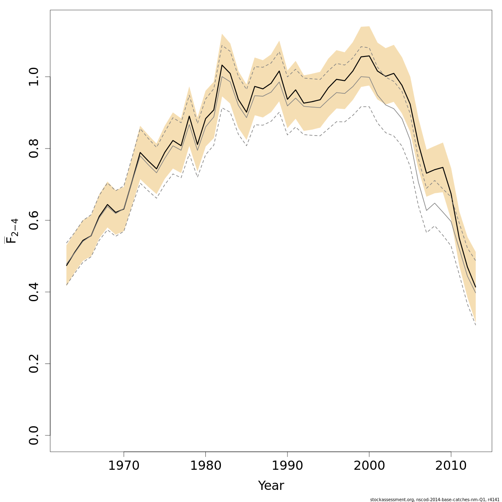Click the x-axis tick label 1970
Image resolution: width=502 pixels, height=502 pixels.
(x=124, y=466)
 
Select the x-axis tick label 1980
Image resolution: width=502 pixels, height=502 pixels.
(x=205, y=466)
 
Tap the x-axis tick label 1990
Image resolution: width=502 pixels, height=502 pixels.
(x=287, y=466)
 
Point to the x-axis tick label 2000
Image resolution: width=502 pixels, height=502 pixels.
(x=369, y=466)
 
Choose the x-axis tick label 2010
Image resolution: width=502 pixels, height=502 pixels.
(x=451, y=466)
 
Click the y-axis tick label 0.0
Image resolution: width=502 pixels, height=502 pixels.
(x=35, y=435)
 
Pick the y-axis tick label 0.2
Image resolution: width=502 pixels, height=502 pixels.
(x=35, y=364)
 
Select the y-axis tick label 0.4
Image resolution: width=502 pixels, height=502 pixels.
(x=35, y=292)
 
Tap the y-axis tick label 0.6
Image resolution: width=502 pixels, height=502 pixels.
(x=35, y=220)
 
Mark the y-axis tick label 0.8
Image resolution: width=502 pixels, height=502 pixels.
(x=35, y=149)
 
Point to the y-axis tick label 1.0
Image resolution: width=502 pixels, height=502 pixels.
(x=35, y=77)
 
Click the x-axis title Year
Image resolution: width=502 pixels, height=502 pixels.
(x=271, y=486)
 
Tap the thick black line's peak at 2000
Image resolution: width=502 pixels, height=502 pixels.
(x=369, y=56)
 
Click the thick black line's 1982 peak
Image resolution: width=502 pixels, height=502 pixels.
(x=222, y=65)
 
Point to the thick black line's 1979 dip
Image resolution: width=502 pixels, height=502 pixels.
(x=197, y=144)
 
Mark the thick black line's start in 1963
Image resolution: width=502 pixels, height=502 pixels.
(x=67, y=265)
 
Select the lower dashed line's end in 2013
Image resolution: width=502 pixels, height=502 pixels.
(x=476, y=325)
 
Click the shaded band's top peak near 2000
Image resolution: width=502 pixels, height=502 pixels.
(x=369, y=26)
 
